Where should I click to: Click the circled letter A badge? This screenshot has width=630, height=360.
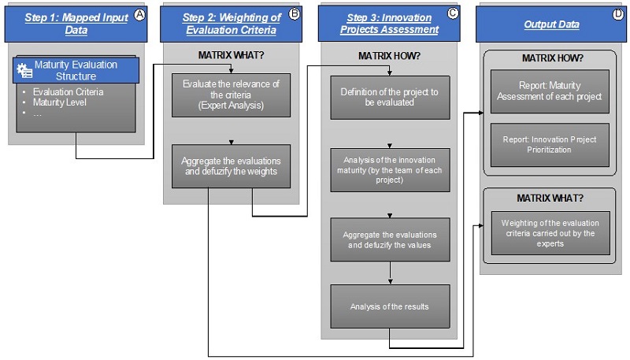pos(140,13)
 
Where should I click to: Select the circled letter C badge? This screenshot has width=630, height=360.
pos(452,13)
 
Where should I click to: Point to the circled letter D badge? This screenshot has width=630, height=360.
pos(617,13)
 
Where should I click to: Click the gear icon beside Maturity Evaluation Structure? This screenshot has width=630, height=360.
pos(24,71)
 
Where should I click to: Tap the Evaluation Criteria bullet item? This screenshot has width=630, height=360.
pos(68,91)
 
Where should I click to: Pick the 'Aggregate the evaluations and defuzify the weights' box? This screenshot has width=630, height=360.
pos(231,165)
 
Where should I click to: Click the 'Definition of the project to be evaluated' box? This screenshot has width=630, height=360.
pos(389,97)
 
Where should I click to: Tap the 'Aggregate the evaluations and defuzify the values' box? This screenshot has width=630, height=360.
pos(389,239)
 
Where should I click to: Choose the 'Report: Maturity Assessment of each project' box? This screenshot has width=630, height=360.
pos(550,91)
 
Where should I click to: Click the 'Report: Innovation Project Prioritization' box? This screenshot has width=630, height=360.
pos(550,144)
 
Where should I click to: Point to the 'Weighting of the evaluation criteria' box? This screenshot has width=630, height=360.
pos(550,232)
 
